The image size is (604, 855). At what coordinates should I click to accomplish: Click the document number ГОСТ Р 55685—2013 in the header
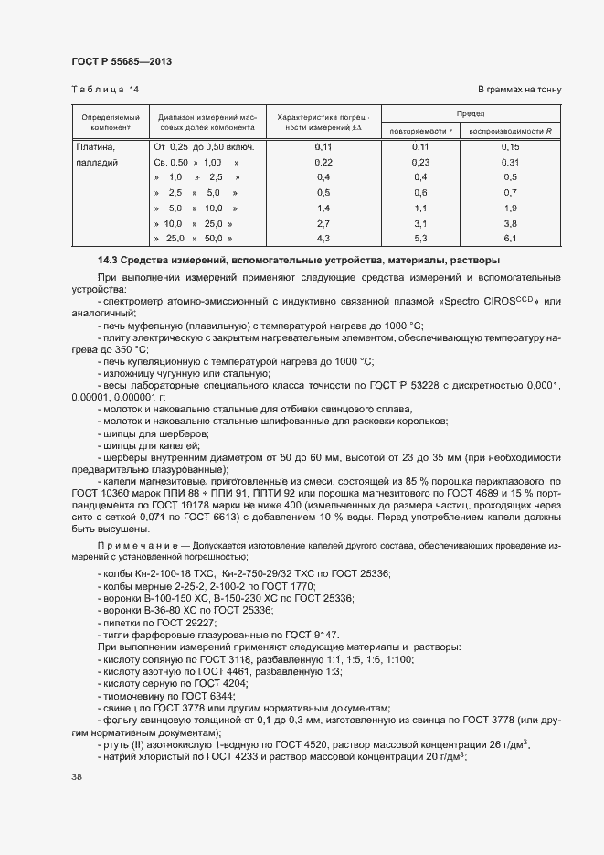tap(122, 61)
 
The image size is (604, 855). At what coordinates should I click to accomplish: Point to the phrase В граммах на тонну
tap(519, 89)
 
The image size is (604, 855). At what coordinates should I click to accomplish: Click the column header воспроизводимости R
tap(511, 131)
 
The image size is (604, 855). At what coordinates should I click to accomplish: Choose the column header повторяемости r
tap(420, 131)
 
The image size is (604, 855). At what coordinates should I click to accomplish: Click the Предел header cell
tap(470, 113)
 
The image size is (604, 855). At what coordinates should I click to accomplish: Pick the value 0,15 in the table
tap(510, 146)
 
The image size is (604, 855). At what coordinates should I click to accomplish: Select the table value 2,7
tap(323, 223)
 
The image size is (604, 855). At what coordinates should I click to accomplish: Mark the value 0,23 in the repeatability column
tap(420, 162)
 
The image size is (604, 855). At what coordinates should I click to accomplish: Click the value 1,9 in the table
tap(510, 208)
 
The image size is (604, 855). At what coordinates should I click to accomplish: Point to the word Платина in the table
tap(95, 146)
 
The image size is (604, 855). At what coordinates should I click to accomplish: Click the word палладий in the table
tap(97, 162)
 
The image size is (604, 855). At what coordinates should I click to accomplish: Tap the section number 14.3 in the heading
tap(108, 261)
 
